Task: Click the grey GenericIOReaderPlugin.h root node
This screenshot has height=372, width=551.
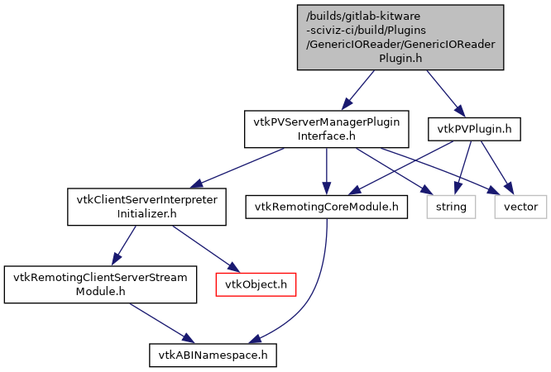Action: (x=400, y=36)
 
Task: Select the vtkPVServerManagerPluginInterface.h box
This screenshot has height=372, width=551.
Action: (x=326, y=128)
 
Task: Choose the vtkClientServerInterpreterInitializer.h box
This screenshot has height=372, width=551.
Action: (x=146, y=207)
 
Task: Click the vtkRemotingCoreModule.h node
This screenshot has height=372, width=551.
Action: (x=326, y=206)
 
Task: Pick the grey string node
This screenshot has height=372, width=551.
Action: (x=452, y=206)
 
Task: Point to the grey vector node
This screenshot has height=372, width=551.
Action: (x=520, y=206)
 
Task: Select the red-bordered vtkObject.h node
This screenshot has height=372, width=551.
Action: (x=256, y=284)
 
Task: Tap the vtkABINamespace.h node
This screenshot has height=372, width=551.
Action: (x=213, y=355)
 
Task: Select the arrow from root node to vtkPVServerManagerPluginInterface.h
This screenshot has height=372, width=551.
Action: (x=361, y=89)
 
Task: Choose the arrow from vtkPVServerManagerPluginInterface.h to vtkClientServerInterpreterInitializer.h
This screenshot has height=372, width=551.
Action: (x=240, y=169)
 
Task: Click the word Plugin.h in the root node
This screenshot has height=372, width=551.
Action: (x=400, y=59)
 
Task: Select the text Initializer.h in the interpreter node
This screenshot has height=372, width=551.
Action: (x=146, y=213)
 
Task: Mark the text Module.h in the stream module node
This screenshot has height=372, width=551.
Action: (x=99, y=291)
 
